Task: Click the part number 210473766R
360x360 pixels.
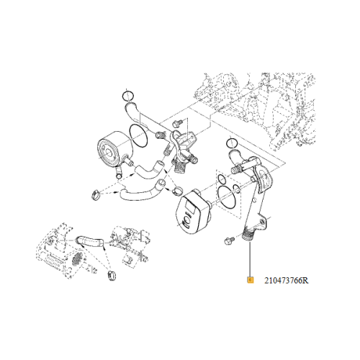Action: pos(287,280)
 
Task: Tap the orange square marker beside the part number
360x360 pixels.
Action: pos(251,280)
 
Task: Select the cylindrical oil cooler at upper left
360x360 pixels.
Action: pos(114,149)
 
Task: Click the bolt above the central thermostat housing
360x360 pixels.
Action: pos(176,123)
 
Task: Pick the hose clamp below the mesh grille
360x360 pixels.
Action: pos(112,276)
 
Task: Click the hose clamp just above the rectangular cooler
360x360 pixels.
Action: pos(178,191)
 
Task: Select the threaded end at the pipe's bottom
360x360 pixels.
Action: pos(247,235)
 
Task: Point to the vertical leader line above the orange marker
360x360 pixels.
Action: pos(251,260)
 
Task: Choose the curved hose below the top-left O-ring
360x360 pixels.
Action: pos(132,112)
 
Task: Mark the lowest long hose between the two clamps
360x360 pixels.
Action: pos(142,192)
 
